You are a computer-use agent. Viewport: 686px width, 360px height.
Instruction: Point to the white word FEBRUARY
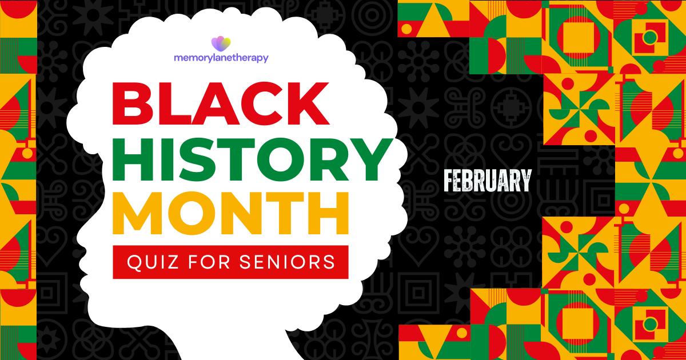point(488,181)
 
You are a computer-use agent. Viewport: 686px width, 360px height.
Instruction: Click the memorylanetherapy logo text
point(221,57)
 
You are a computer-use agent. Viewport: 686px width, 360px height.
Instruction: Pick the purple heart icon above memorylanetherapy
point(221,43)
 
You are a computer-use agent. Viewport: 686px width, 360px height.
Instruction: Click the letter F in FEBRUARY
point(449,181)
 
